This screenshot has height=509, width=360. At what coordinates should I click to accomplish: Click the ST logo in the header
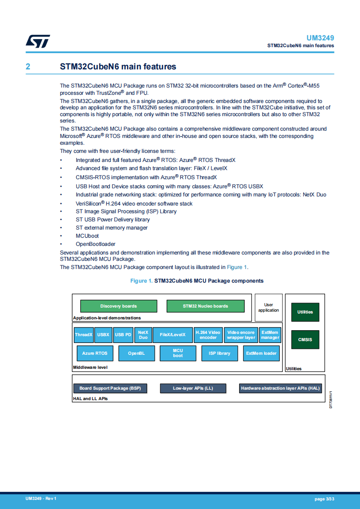pyautogui.click(x=37, y=41)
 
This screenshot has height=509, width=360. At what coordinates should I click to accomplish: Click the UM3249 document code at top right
pyautogui.click(x=320, y=38)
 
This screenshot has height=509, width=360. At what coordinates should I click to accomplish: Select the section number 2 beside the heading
pyautogui.click(x=28, y=67)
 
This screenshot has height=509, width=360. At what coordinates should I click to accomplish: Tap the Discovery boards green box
pyautogui.click(x=118, y=306)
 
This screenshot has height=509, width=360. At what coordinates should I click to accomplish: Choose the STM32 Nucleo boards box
pyautogui.click(x=205, y=306)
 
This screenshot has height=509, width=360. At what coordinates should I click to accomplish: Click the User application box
pyautogui.click(x=268, y=308)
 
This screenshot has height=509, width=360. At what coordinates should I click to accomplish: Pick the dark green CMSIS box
pyautogui.click(x=305, y=339)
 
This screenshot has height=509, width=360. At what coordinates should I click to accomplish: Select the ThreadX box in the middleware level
pyautogui.click(x=84, y=335)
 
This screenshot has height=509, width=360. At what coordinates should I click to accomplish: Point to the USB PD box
pyautogui.click(x=123, y=335)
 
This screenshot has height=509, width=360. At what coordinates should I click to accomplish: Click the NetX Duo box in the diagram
pyautogui.click(x=143, y=335)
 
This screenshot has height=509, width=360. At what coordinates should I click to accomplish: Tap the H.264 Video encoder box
pyautogui.click(x=208, y=335)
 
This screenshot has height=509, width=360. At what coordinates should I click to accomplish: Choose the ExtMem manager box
pyautogui.click(x=270, y=335)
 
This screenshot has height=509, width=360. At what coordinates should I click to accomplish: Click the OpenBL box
pyautogui.click(x=136, y=353)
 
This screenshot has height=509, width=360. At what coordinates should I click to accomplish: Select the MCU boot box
pyautogui.click(x=178, y=353)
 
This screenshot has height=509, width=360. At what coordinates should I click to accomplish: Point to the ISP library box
pyautogui.click(x=219, y=353)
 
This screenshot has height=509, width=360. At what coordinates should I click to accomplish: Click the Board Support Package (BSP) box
pyautogui.click(x=110, y=388)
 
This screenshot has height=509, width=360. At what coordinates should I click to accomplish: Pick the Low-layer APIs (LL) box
pyautogui.click(x=193, y=388)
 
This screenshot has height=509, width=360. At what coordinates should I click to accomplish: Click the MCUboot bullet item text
pyautogui.click(x=87, y=236)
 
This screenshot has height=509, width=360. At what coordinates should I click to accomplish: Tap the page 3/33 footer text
pyautogui.click(x=324, y=499)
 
